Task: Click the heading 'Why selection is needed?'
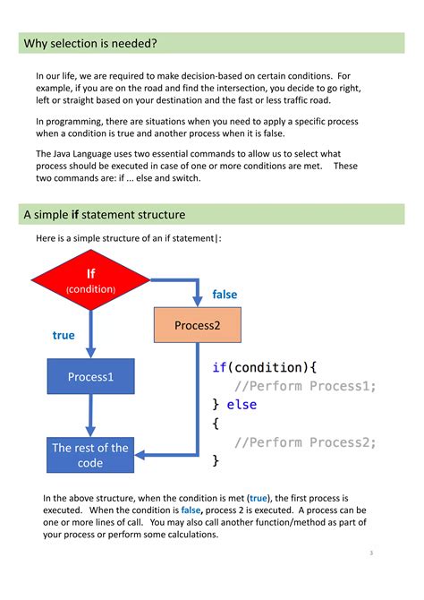coord(90,44)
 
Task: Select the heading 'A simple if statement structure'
coord(105,215)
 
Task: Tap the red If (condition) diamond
coord(90,279)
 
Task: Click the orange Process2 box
coord(197,325)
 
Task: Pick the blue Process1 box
coord(90,377)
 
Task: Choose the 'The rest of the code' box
coord(90,455)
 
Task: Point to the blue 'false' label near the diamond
coord(225,295)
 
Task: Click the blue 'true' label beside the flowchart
coord(64,336)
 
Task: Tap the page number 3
coord(371,553)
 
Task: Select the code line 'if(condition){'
coord(265,367)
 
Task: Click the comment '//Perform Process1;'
coord(305,386)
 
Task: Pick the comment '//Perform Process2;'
coord(305,442)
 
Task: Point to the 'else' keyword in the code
coord(242,405)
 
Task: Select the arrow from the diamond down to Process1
coord(90,331)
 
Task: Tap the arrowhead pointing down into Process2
coord(197,301)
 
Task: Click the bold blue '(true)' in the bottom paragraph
coord(260,497)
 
